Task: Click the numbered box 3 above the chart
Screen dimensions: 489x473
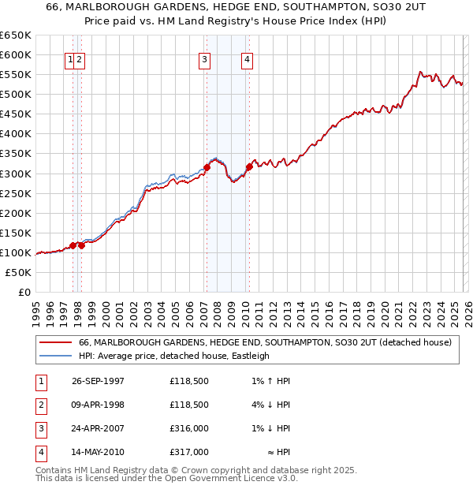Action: pos(204,58)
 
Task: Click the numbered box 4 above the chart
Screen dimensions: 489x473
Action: pos(247,58)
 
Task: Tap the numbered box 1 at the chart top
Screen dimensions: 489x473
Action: pos(71,58)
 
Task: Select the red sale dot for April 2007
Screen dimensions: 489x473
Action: pos(207,166)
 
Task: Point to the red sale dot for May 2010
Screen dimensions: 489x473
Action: pos(249,166)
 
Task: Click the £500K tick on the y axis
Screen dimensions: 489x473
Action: pos(15,95)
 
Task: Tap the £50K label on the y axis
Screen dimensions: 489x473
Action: pos(17,272)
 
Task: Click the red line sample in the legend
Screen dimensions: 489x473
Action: pos(55,343)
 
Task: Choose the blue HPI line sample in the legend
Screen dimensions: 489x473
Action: pos(55,356)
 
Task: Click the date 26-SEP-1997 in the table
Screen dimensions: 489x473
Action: pos(98,381)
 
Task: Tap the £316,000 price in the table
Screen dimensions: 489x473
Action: pos(188,428)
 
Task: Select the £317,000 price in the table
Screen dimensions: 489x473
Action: pos(188,452)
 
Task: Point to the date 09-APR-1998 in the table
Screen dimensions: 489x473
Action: pos(98,405)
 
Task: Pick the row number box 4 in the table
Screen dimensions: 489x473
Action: pos(39,452)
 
